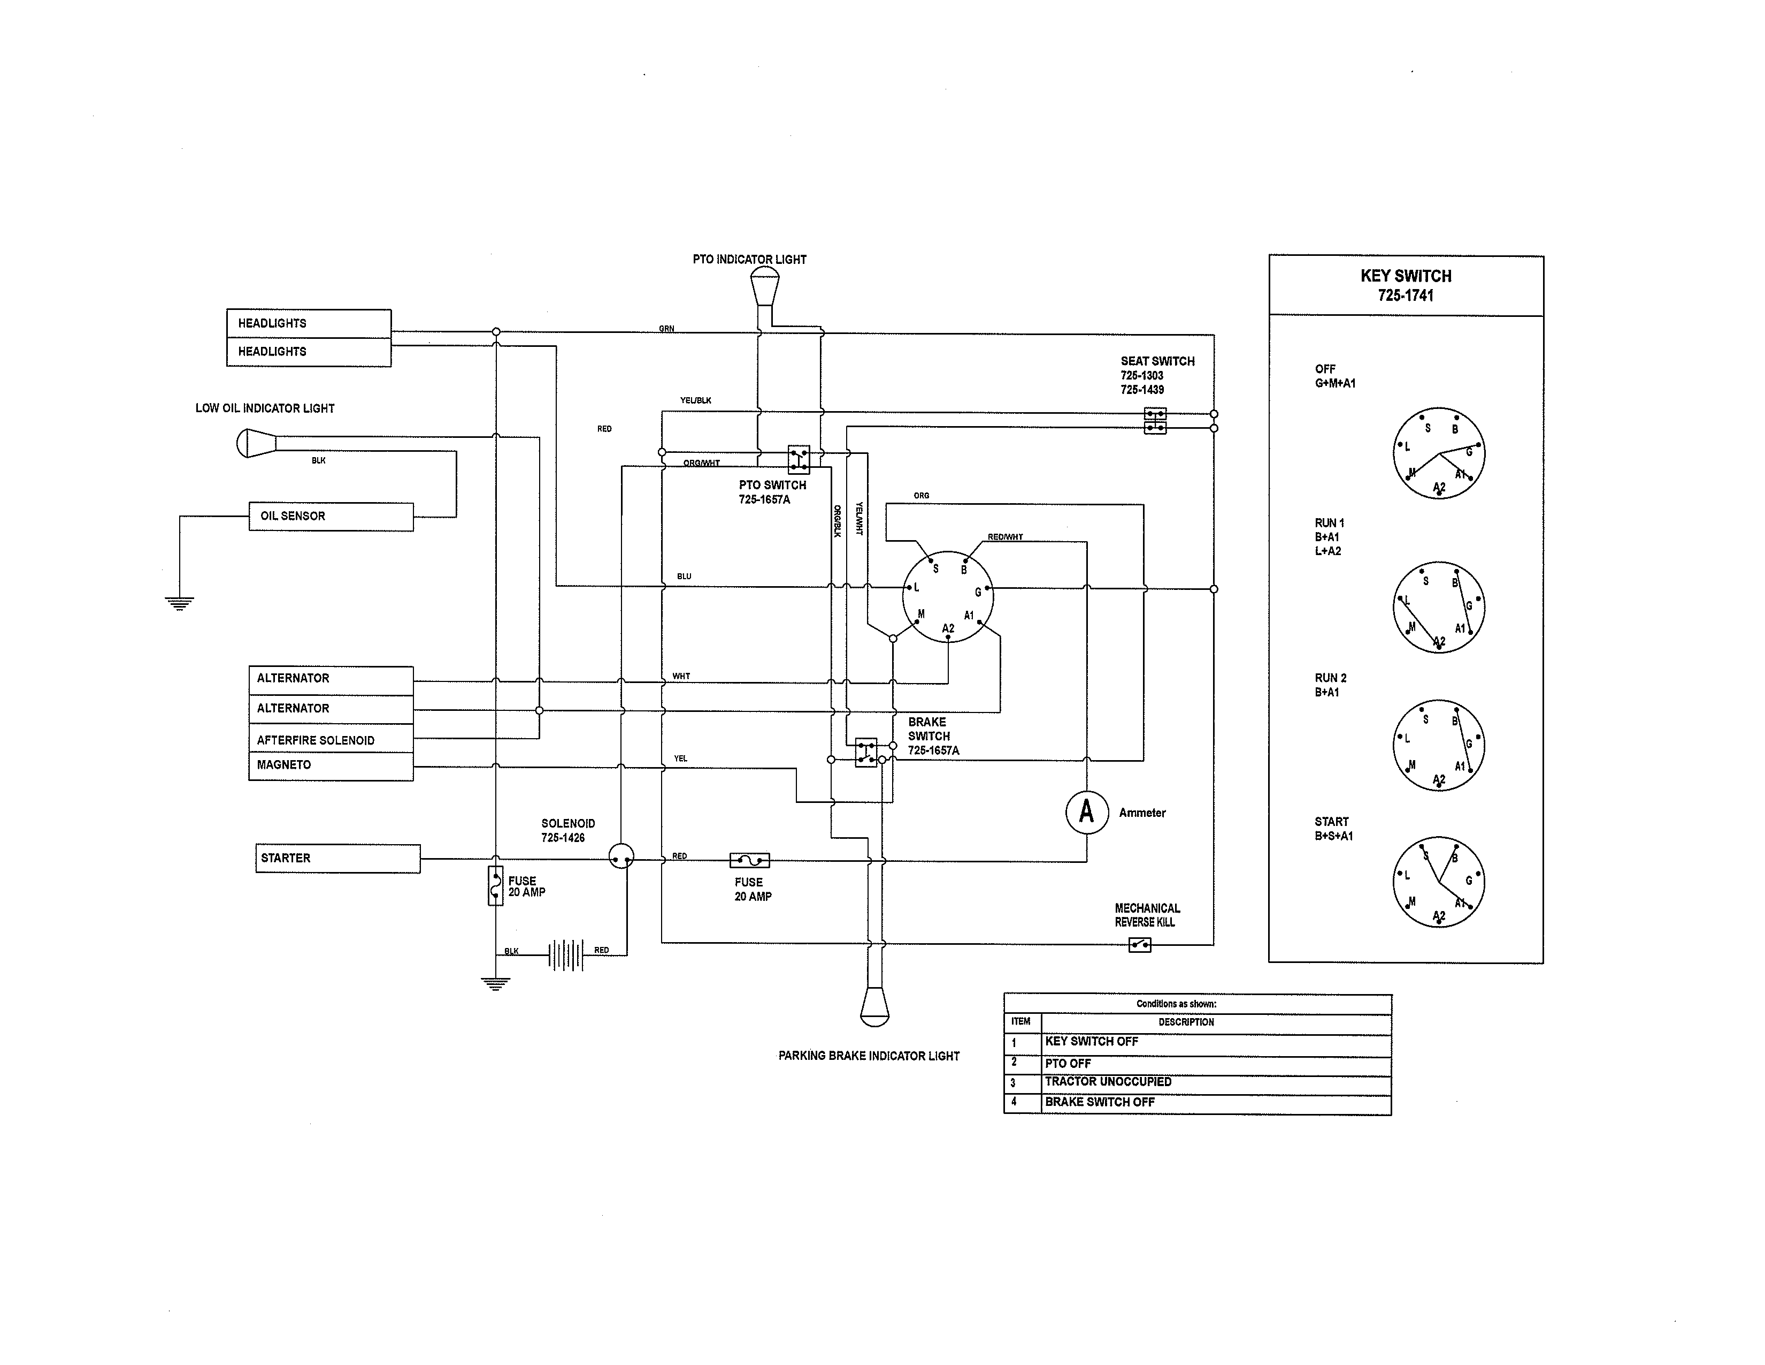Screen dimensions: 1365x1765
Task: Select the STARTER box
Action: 338,858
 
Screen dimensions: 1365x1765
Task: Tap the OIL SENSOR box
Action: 331,516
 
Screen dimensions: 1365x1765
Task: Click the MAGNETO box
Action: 331,765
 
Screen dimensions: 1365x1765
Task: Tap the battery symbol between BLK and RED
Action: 566,954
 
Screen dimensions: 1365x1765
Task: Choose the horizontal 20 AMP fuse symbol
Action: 749,860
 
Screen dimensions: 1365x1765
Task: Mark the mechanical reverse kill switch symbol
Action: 1139,944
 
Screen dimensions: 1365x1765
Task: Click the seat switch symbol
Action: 1155,421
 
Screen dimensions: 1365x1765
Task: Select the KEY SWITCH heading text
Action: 1406,276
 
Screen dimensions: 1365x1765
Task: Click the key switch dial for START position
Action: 1439,882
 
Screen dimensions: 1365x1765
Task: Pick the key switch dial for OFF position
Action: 1439,453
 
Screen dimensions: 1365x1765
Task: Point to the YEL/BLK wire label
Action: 695,400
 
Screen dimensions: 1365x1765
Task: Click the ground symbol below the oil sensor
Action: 179,602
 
